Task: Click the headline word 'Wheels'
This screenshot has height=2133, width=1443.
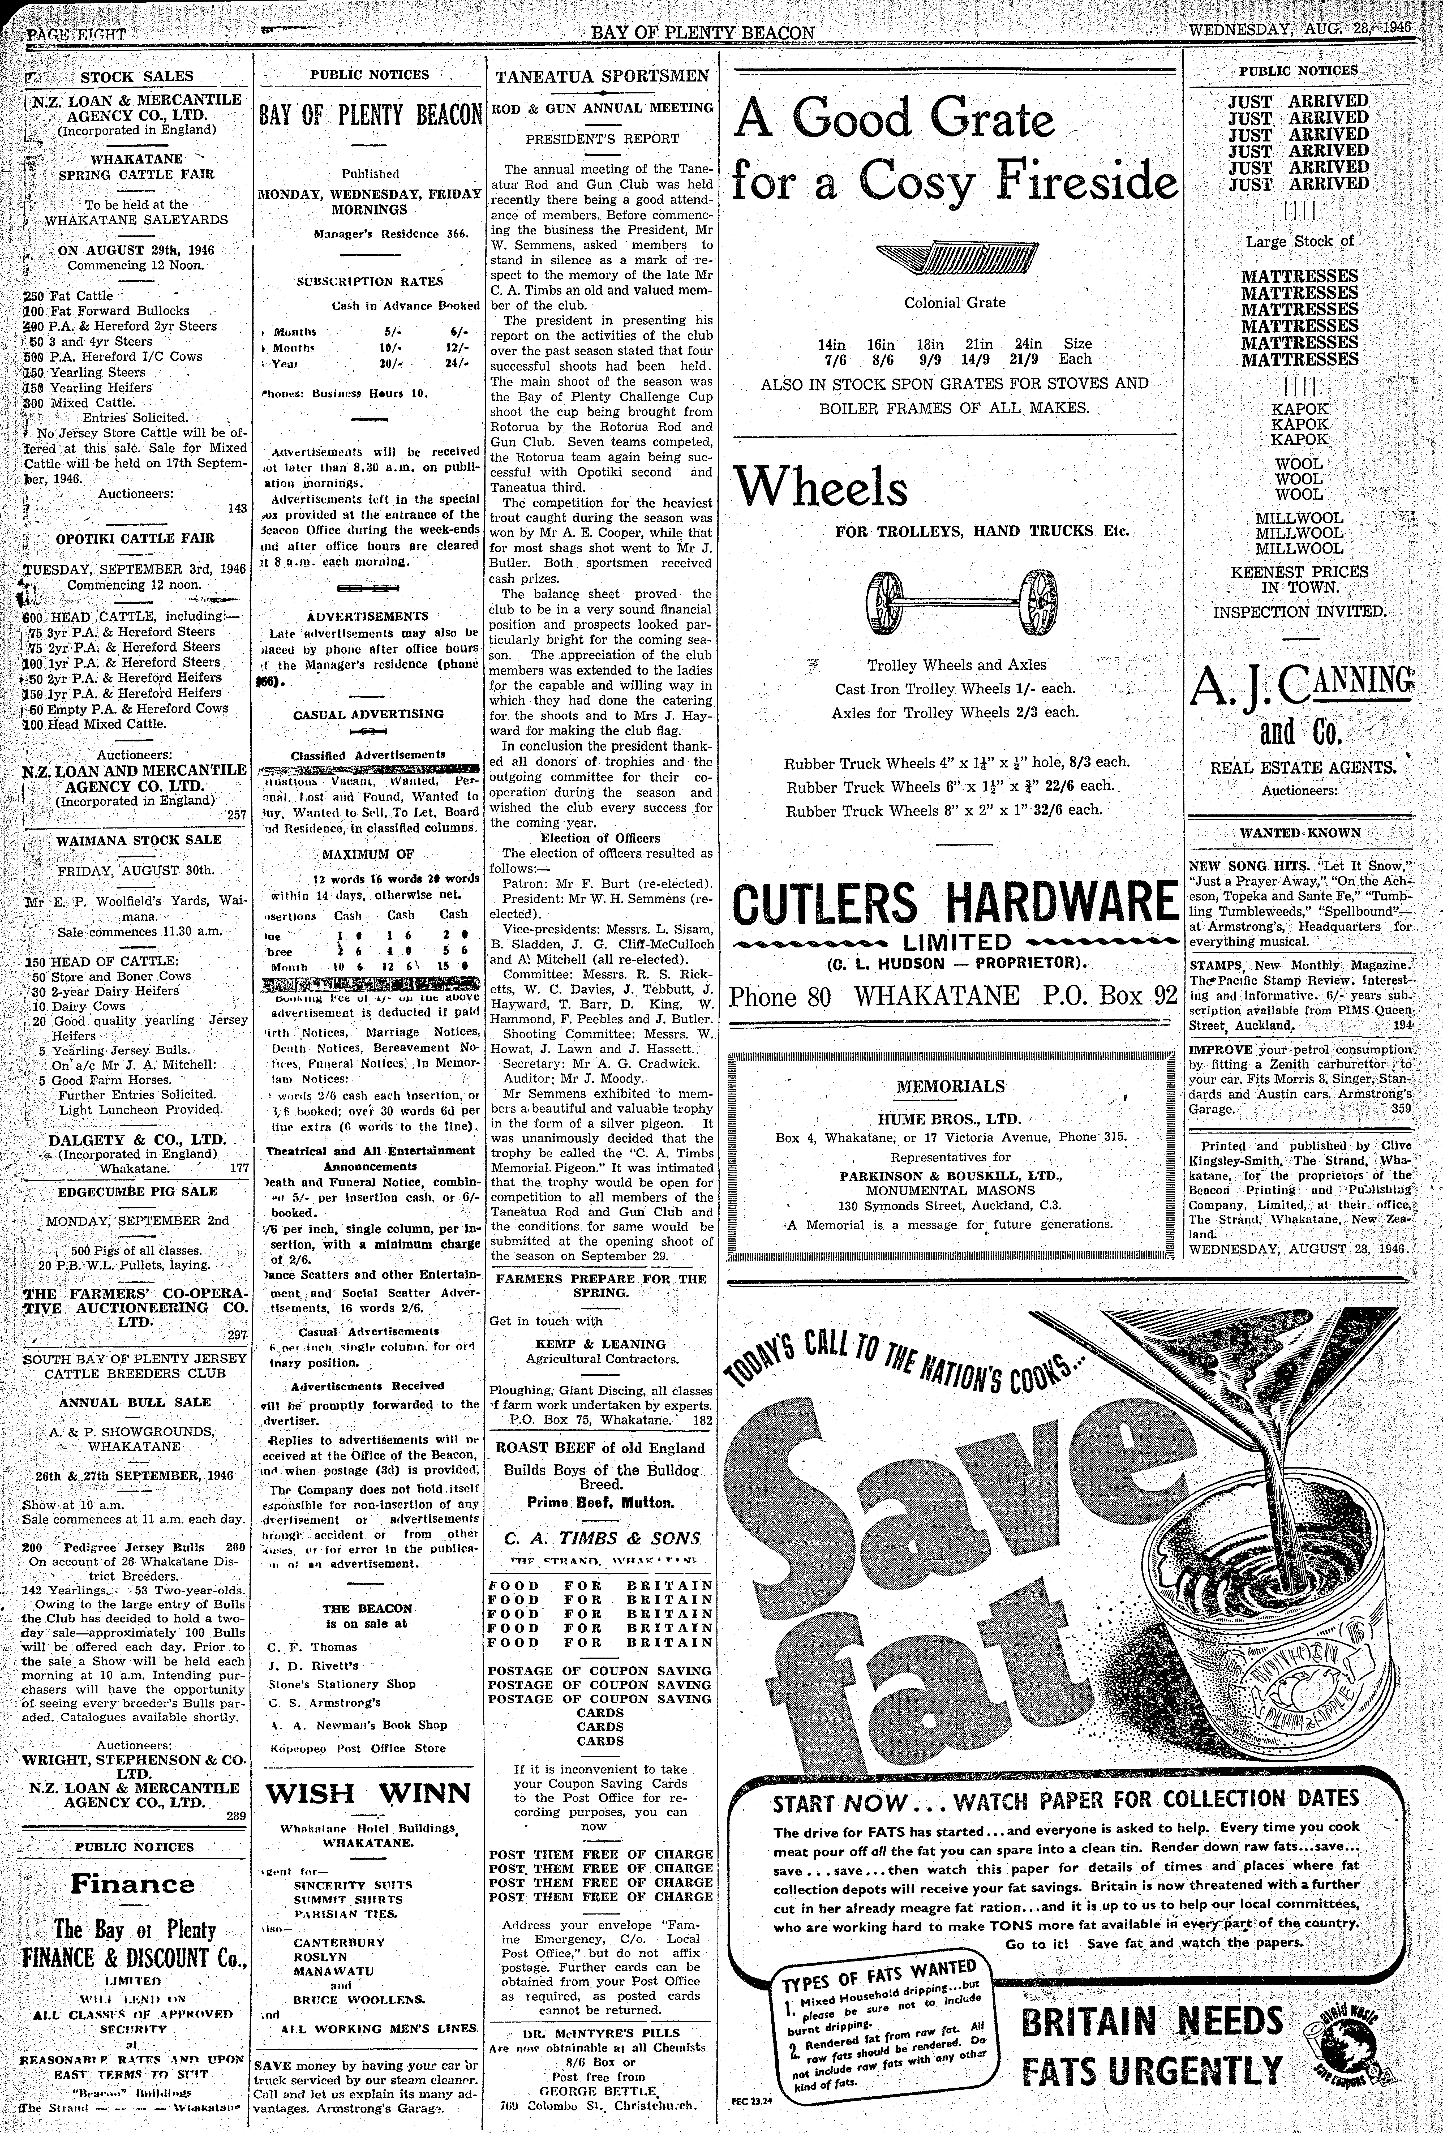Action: pos(822,487)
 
